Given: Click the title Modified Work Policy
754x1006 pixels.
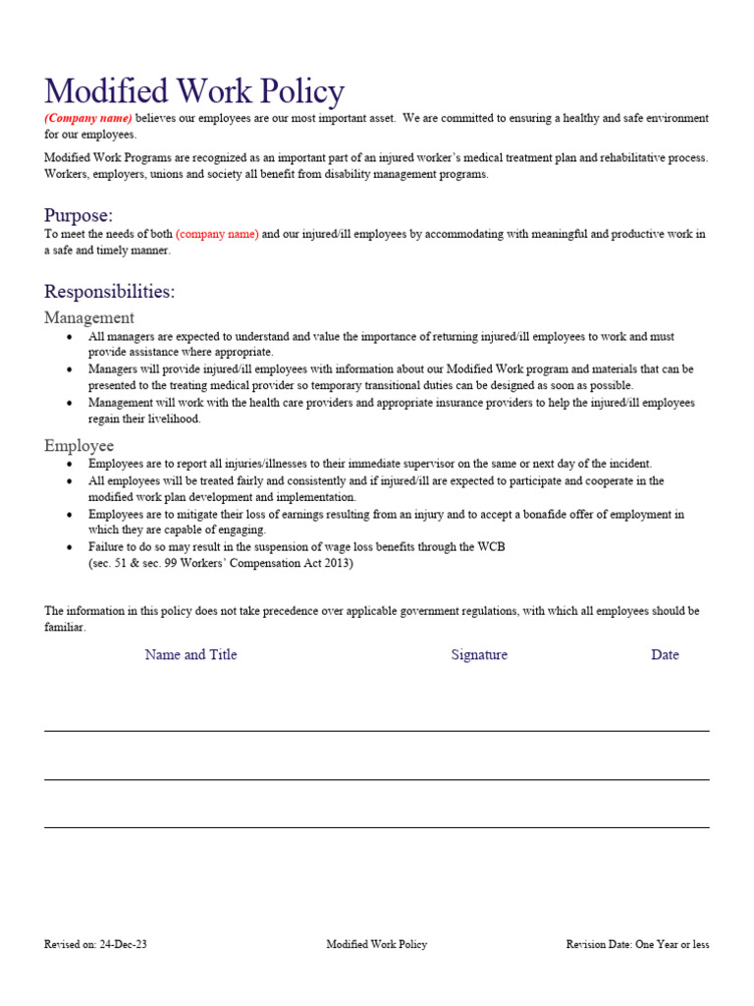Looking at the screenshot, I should pos(194,91).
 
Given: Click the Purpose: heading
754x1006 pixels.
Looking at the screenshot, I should pos(79,215).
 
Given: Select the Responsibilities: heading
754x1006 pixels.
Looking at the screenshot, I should pos(110,292).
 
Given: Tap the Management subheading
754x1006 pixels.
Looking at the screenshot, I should pos(89,318).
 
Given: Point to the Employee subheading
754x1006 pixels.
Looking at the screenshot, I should pos(79,446).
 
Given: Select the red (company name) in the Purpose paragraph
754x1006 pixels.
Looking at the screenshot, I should pos(217,235).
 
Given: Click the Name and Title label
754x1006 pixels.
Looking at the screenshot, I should pos(190,655).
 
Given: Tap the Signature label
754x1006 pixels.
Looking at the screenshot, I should pos(479,655).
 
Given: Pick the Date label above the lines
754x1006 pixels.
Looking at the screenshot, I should pos(665,655).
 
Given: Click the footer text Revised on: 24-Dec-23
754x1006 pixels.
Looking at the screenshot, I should pos(95,945).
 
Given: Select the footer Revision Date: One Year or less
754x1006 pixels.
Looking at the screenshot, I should pos(637,945).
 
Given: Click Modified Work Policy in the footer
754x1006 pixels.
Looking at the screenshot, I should pos(377,945).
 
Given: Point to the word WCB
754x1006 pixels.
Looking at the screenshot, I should pos(492,547).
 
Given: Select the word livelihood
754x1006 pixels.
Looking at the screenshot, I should pos(170,419).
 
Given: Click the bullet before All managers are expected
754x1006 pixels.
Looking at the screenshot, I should pos(69,337).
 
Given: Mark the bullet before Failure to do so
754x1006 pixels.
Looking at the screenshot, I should pos(69,547).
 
